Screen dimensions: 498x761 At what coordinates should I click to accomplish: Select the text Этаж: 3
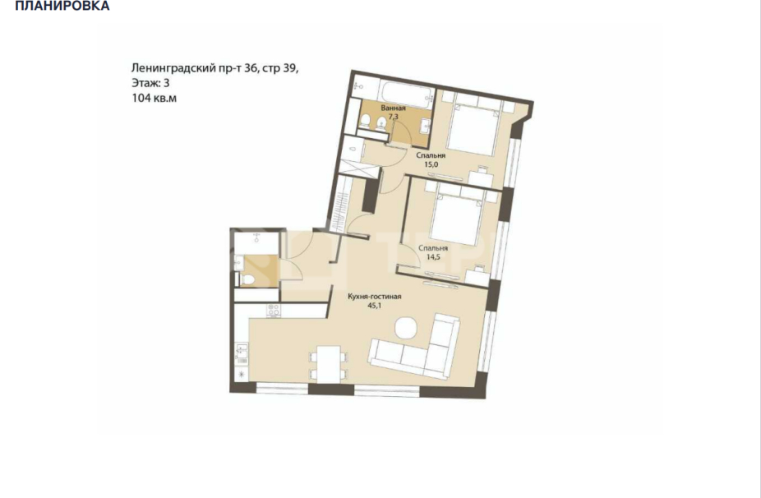click(153, 83)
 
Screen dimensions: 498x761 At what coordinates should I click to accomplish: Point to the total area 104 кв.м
click(155, 98)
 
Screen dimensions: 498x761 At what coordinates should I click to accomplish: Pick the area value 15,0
click(431, 164)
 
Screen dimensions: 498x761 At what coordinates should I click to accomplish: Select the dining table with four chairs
click(326, 363)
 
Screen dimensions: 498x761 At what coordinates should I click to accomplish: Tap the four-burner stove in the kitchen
click(274, 311)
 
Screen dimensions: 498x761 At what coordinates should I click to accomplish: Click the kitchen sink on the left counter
click(242, 353)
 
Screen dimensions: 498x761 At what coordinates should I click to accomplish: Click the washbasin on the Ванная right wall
click(424, 124)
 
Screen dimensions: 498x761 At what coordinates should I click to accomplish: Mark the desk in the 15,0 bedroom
click(481, 176)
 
